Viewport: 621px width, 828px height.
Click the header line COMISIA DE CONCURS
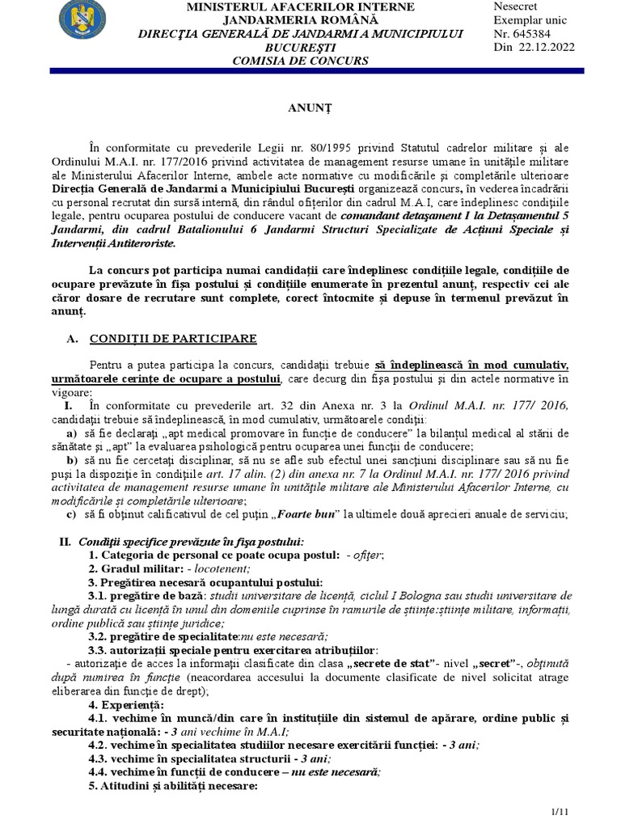tap(300, 61)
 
